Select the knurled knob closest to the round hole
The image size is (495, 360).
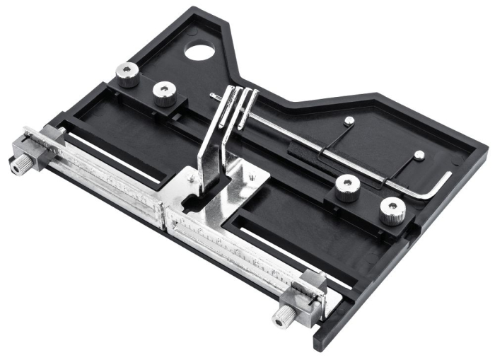pyautogui.click(x=128, y=74)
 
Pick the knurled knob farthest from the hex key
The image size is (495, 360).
pyautogui.click(x=128, y=74)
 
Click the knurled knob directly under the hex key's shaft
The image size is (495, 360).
pyautogui.click(x=347, y=187)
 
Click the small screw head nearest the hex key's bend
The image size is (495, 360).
pyautogui.click(x=419, y=154)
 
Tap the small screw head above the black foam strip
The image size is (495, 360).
pyautogui.click(x=349, y=121)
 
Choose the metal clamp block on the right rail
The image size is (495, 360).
pyautogui.click(x=310, y=290)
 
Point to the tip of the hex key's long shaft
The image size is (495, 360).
pyautogui.click(x=212, y=95)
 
